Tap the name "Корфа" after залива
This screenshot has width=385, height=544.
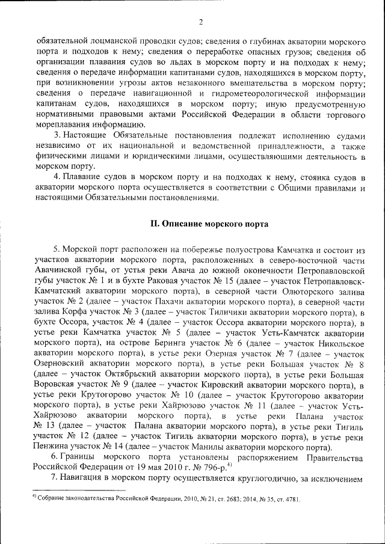click(x=75, y=312)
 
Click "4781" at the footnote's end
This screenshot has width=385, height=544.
click(x=290, y=500)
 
